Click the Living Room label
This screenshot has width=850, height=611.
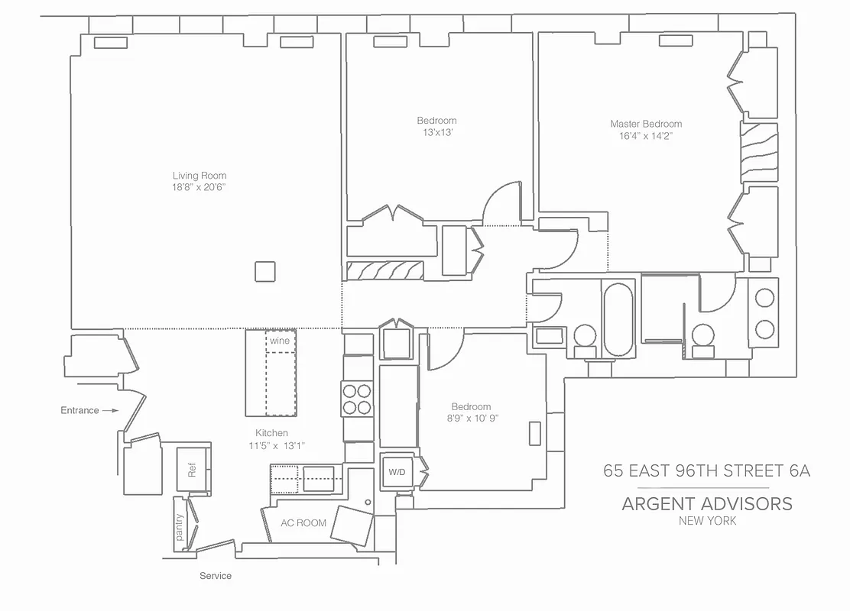click(x=200, y=176)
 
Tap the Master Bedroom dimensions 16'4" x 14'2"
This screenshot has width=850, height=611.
click(x=645, y=136)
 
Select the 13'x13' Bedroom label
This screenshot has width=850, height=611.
click(x=436, y=133)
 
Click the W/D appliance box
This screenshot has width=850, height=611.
click(x=397, y=472)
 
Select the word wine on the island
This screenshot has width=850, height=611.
click(x=280, y=341)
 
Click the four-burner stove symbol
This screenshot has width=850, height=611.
click(x=357, y=398)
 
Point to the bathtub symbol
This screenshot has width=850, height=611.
click(x=618, y=319)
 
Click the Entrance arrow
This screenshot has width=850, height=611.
click(x=110, y=410)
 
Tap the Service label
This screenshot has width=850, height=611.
click(x=216, y=575)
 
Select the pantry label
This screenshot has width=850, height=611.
click(x=180, y=527)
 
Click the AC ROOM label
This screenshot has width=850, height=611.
click(x=303, y=523)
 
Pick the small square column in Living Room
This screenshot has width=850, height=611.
click(x=265, y=272)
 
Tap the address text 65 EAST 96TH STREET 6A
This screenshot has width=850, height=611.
click(x=706, y=470)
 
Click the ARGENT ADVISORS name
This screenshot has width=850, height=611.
click(x=706, y=503)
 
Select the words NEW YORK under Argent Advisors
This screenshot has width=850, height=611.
click(x=707, y=521)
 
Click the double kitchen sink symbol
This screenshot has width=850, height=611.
click(x=306, y=480)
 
